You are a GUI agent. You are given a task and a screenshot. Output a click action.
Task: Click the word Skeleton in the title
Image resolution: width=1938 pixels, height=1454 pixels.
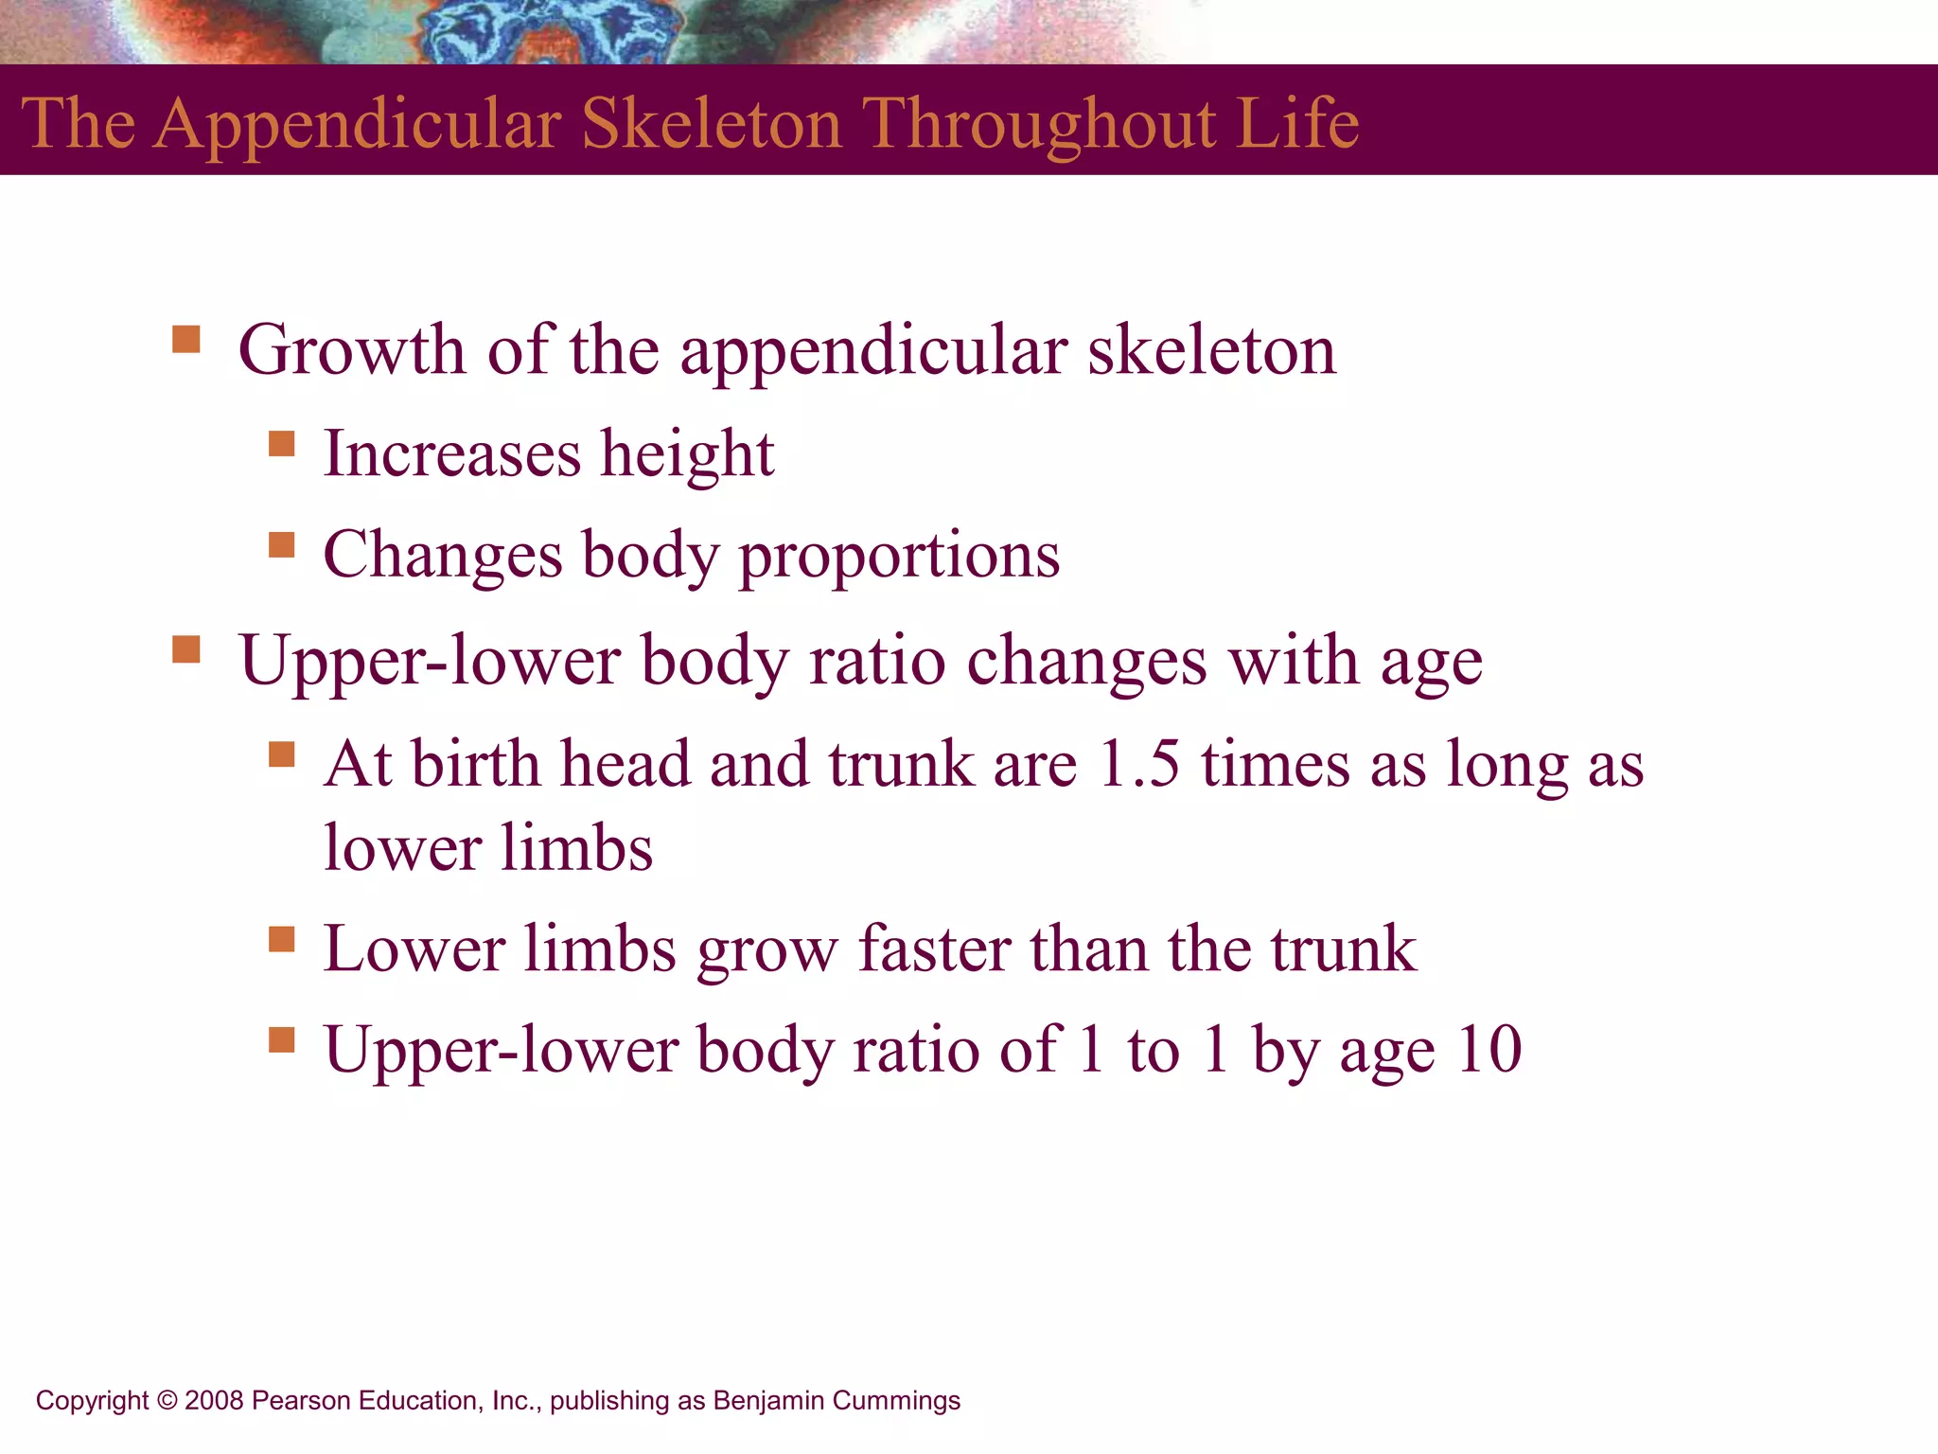(x=711, y=124)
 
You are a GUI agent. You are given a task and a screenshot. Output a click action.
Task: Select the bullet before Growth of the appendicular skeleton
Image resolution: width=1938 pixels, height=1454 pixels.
(x=186, y=339)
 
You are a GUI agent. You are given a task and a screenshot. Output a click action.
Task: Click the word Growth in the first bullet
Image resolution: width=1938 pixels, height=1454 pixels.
(x=352, y=351)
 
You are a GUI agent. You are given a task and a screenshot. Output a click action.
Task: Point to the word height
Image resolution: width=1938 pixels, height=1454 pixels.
(x=688, y=454)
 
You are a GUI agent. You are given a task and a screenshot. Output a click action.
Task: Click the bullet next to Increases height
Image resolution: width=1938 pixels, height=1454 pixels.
(x=281, y=444)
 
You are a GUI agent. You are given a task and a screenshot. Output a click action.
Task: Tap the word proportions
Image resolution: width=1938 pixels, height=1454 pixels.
(x=899, y=557)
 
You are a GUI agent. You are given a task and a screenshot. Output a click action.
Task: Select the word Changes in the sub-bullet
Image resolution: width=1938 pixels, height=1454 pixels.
(x=442, y=557)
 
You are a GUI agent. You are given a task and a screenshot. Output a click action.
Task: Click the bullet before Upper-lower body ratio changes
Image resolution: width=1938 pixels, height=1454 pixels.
(x=186, y=649)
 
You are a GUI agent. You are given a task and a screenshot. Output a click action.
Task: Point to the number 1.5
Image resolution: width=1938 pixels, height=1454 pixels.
(x=1138, y=765)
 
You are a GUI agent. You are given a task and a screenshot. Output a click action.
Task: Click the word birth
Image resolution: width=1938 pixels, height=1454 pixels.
(x=476, y=765)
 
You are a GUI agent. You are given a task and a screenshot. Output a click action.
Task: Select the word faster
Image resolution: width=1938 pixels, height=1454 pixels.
(x=934, y=949)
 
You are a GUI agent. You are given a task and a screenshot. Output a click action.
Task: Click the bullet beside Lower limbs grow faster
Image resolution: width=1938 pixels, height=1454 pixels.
(x=281, y=939)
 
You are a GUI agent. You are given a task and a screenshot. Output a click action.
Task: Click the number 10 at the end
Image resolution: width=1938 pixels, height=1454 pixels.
(x=1489, y=1051)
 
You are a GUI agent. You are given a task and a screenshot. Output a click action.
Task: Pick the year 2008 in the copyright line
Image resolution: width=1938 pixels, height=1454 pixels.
(x=214, y=1401)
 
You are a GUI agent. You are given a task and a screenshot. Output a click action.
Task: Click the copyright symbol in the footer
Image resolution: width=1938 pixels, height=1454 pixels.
(x=167, y=1401)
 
